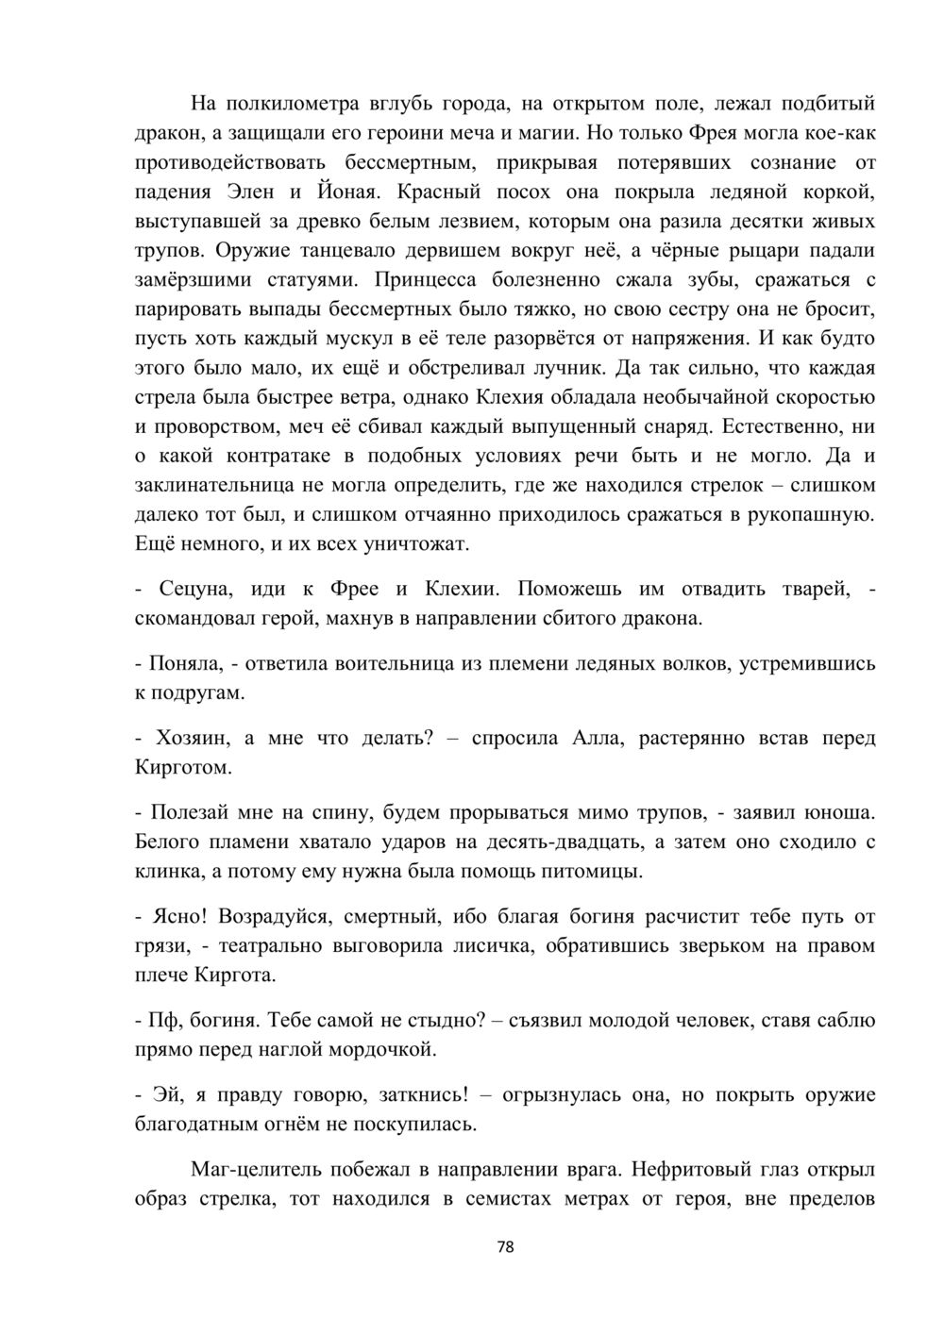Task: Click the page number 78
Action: click(505, 1246)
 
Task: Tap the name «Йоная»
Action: click(347, 192)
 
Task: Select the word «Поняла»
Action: click(186, 663)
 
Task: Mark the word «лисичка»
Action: click(494, 945)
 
